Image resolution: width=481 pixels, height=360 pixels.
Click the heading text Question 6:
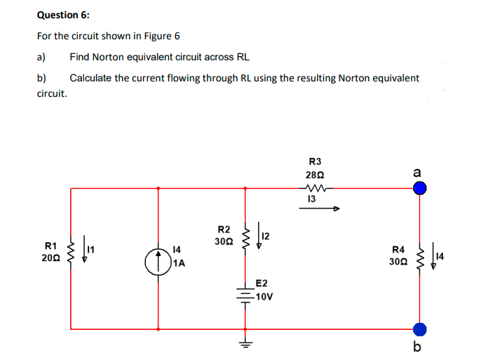[x=63, y=14]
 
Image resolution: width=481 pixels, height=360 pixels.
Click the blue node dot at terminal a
[x=419, y=188]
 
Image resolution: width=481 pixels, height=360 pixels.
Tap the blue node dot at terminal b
[x=419, y=328]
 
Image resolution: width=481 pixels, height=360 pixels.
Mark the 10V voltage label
[x=264, y=297]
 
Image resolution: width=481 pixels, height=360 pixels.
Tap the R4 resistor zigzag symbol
[x=421, y=258]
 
